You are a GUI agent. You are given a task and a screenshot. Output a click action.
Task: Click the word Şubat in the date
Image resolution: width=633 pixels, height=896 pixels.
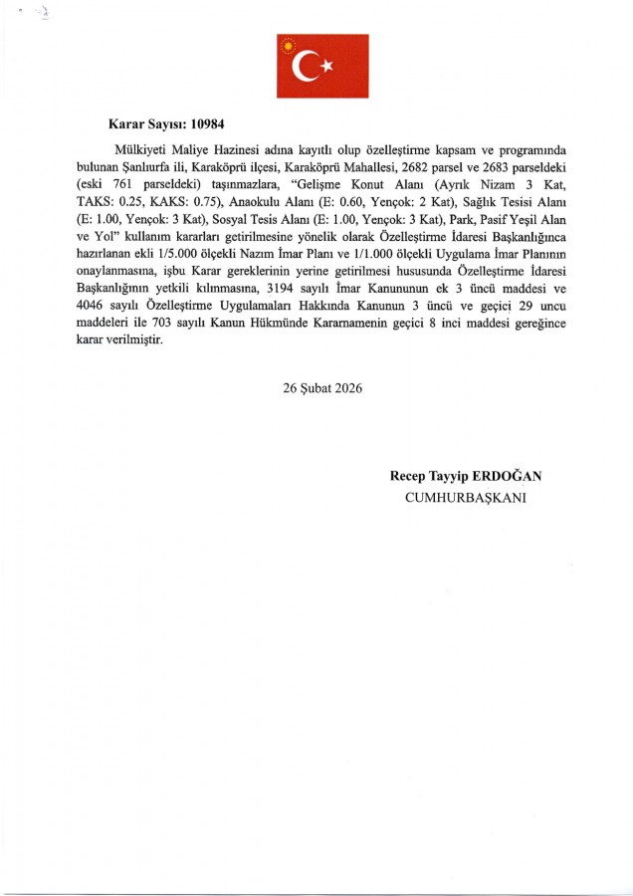coord(317,388)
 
